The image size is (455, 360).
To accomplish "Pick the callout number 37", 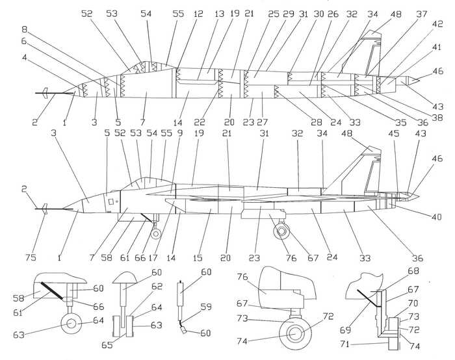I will (422, 14).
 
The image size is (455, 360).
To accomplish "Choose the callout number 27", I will (263, 122).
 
